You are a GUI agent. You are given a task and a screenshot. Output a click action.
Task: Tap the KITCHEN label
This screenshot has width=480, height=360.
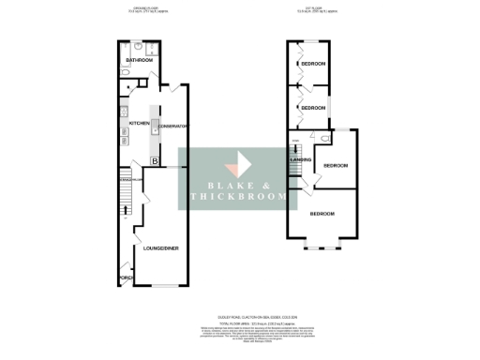pos(140,123)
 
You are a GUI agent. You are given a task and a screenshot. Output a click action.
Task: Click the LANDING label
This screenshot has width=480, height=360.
pos(301,160)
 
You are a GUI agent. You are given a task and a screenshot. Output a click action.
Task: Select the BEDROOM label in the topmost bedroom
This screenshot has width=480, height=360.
pos(314,64)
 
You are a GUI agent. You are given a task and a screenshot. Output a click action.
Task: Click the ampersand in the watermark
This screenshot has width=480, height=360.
pos(265,184)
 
